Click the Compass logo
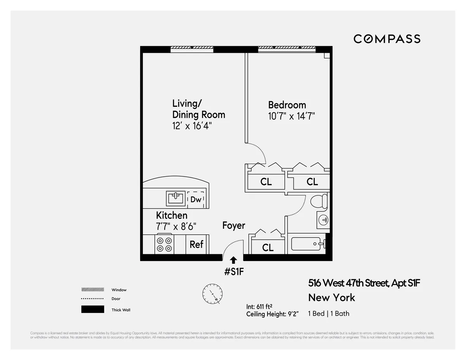tap(387, 39)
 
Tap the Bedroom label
tap(287, 105)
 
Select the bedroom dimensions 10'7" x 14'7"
tap(291, 116)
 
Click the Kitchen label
tap(172, 215)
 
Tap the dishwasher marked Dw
tap(196, 199)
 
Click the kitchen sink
tap(176, 198)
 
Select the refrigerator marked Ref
tap(196, 244)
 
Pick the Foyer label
tap(234, 225)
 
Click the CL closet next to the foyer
tap(268, 247)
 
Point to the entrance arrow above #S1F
tap(234, 260)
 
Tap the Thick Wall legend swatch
tap(92, 310)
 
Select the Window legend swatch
tap(92, 290)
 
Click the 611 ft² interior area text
tap(263, 306)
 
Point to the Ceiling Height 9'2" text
tap(271, 314)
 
